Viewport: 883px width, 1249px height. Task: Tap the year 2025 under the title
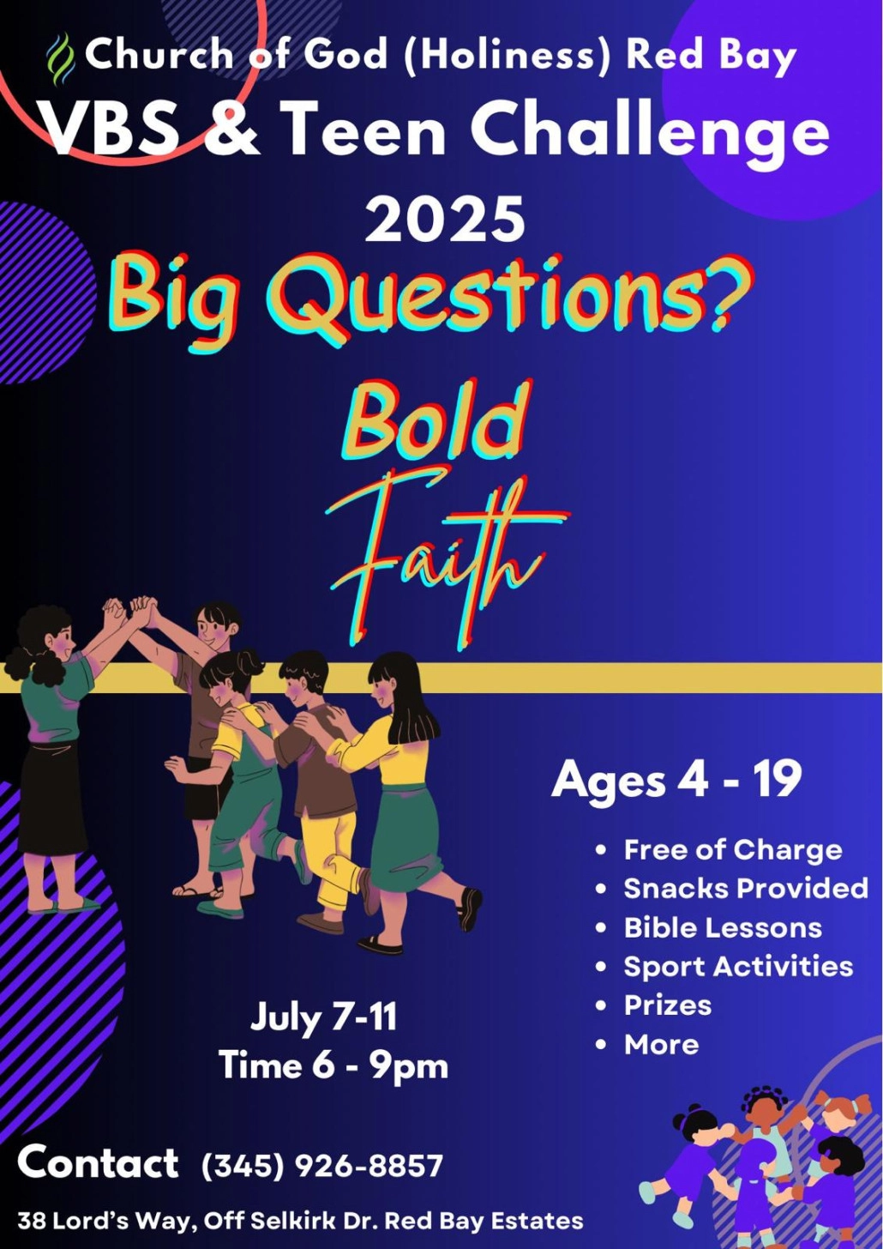point(445,219)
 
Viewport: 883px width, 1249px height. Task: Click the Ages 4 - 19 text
point(676,780)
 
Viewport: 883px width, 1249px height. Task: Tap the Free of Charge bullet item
point(732,850)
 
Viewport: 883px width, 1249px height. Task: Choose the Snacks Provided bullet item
point(745,889)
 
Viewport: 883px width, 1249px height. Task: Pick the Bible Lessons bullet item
point(722,928)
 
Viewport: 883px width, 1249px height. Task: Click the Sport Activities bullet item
point(737,967)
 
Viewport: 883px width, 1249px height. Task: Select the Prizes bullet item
point(667,1005)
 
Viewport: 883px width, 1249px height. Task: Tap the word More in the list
point(661,1045)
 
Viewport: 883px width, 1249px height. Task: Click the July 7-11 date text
point(324,1018)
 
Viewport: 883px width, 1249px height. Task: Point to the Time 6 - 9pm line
point(333,1066)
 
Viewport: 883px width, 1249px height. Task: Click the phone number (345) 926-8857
point(322,1166)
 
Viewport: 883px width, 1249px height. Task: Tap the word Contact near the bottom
point(98,1163)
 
